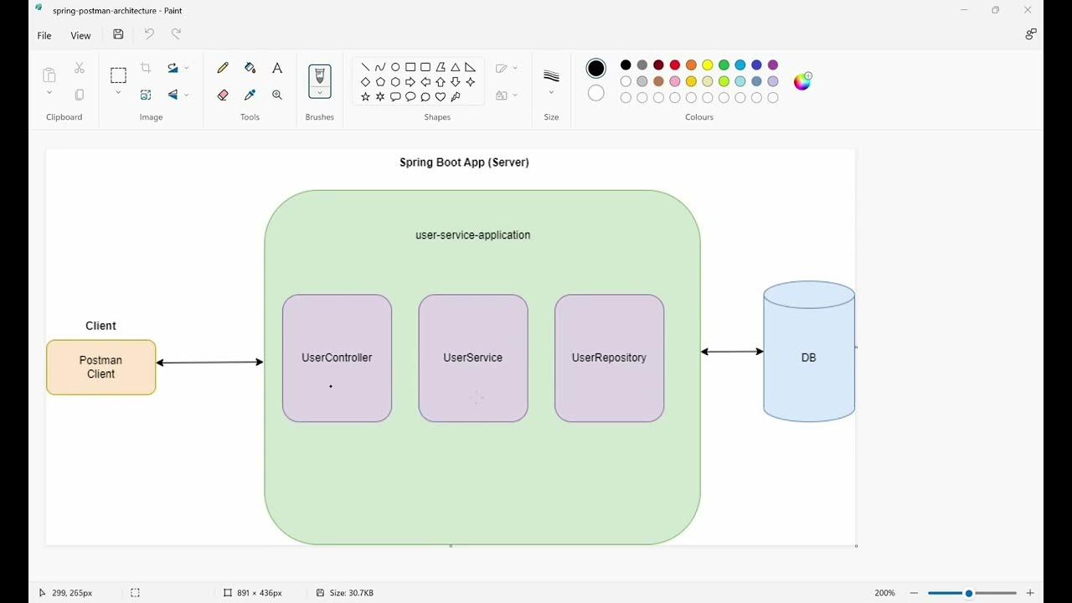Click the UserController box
337,358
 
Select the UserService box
472,358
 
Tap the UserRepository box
609,358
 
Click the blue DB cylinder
808,358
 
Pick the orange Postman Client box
100,367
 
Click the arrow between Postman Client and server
209,363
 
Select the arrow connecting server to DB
732,352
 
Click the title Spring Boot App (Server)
464,162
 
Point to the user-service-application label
472,235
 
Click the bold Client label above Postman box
100,326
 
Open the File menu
44,35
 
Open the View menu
80,35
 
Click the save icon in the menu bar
118,34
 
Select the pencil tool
223,68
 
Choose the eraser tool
223,95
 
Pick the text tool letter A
277,68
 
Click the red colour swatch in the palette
675,65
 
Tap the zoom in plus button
1030,593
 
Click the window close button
1028,10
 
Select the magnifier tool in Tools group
277,95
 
